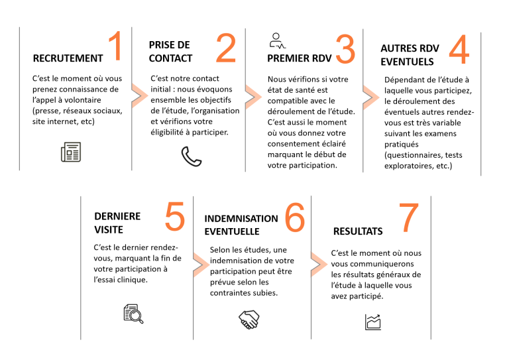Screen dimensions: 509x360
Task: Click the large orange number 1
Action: pos(116,46)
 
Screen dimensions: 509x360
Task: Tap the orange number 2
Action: pos(226,48)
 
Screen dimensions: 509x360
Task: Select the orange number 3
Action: pos(345,49)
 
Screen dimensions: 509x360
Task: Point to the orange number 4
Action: pos(459,50)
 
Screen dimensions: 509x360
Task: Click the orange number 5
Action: pos(175,217)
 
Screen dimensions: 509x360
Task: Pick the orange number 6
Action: pos(295,218)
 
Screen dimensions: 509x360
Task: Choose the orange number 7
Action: pos(409,218)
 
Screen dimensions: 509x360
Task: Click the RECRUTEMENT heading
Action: pos(68,58)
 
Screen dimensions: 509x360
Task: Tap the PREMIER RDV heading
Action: pos(300,58)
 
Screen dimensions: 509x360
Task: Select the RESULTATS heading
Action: pos(358,231)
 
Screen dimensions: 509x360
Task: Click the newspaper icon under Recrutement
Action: pos(71,152)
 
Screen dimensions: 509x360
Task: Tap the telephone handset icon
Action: pos(191,156)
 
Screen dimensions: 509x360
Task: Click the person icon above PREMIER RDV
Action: pos(278,41)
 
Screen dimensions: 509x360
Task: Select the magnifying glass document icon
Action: pos(133,314)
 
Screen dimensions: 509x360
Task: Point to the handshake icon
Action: pos(249,320)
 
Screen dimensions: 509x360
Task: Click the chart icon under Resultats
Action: pos(373,322)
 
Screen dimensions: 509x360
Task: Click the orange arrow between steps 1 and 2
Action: pos(140,95)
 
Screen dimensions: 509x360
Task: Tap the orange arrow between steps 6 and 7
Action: pos(319,265)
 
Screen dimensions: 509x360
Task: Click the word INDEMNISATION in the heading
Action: pos(241,219)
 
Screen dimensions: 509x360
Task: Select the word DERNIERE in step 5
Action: pos(117,216)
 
